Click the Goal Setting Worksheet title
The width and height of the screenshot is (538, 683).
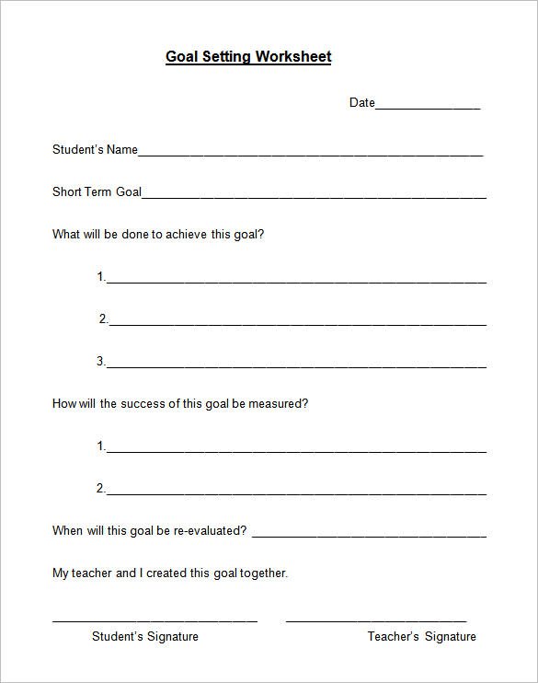tap(248, 57)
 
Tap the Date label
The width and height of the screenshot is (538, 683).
tap(361, 103)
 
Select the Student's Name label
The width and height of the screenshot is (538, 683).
tap(95, 150)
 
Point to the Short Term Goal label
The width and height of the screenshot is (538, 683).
tap(97, 192)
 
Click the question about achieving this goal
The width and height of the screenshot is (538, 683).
tap(158, 235)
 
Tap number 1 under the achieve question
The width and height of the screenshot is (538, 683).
tap(101, 277)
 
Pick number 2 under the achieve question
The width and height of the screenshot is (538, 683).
tap(103, 319)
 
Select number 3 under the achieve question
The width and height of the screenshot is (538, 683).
tap(101, 362)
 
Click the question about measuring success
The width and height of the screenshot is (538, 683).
tap(180, 404)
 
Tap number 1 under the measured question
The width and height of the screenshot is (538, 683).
tap(101, 446)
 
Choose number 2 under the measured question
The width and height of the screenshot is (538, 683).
tap(101, 488)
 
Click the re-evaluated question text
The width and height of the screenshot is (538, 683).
tap(149, 531)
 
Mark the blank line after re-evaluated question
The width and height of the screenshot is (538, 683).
tap(369, 535)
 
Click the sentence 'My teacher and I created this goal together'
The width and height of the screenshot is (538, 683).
tap(170, 573)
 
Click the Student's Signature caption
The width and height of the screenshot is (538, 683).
tap(145, 636)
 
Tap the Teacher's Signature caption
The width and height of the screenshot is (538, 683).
tap(421, 636)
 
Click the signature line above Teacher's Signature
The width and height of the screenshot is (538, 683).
tap(376, 620)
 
